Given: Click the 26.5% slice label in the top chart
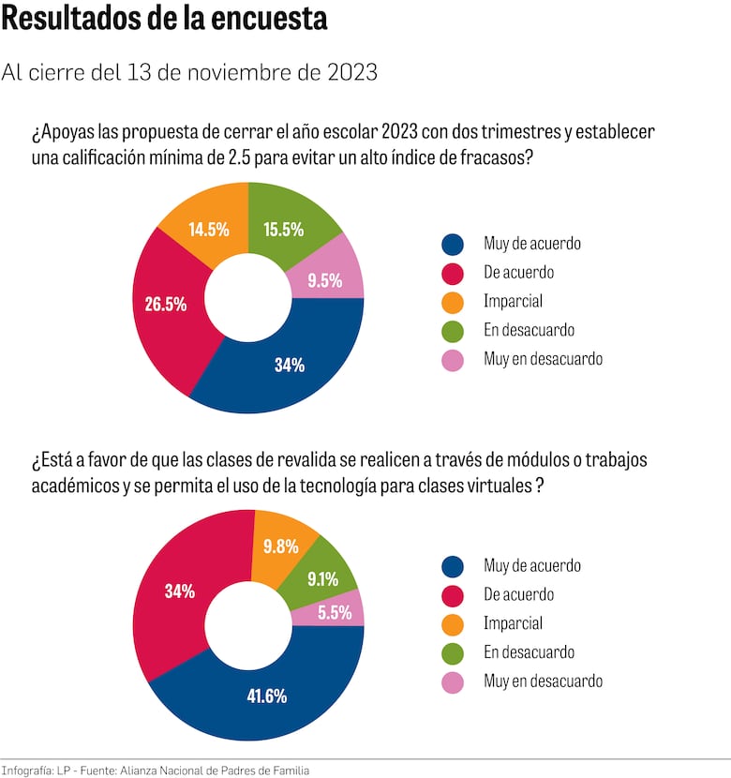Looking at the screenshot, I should tap(166, 304).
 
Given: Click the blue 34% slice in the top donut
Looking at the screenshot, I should tap(289, 365).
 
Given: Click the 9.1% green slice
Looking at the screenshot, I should tap(321, 578).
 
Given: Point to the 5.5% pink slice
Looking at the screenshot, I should tap(335, 613).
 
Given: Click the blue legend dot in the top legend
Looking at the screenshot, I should tap(453, 245).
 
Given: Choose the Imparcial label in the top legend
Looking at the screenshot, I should tap(513, 302).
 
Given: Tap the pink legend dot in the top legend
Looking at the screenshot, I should tap(453, 360).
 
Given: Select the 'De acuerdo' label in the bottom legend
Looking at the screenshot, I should tap(518, 594).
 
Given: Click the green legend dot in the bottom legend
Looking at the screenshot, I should tap(453, 653).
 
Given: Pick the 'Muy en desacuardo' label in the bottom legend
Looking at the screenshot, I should tap(543, 681).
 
